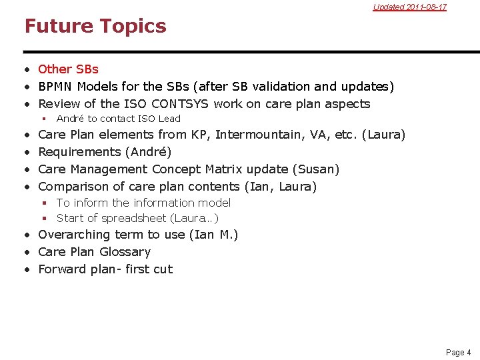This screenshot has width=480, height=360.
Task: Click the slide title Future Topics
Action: pos(95,26)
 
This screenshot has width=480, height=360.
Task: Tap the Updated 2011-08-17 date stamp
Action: pos(409,7)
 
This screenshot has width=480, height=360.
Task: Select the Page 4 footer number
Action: pos(458,352)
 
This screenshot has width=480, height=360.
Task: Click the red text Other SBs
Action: pos(68,69)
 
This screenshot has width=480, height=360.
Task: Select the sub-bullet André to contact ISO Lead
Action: pos(118,119)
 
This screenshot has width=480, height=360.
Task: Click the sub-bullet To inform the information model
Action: pos(143,203)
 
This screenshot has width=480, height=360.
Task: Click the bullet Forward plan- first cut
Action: pos(105,269)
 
